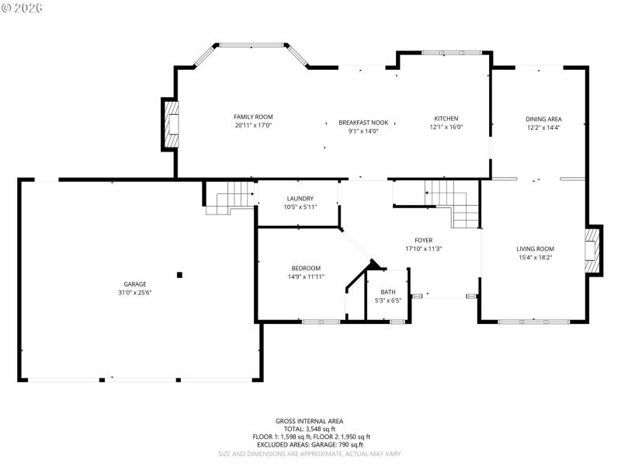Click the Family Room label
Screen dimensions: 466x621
pyautogui.click(x=253, y=116)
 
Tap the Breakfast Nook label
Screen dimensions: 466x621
pyautogui.click(x=363, y=123)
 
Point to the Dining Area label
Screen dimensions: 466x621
pyautogui.click(x=543, y=119)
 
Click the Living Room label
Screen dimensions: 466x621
pyautogui.click(x=535, y=249)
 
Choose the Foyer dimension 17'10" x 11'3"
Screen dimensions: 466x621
pyautogui.click(x=423, y=249)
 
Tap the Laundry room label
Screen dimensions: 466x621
pyautogui.click(x=300, y=198)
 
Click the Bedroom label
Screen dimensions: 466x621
pyautogui.click(x=305, y=268)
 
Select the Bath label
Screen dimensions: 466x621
pyautogui.click(x=387, y=292)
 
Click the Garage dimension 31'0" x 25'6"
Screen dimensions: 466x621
pyautogui.click(x=134, y=293)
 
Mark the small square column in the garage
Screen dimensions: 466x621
pyautogui.click(x=179, y=274)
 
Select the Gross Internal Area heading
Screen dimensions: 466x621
pyautogui.click(x=310, y=421)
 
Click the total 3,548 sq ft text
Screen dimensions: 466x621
pyautogui.click(x=310, y=429)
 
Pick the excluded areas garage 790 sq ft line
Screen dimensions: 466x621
pyautogui.click(x=310, y=444)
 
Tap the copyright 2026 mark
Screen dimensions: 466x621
pyautogui.click(x=22, y=7)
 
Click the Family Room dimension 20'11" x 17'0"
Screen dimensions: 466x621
pyautogui.click(x=253, y=125)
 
